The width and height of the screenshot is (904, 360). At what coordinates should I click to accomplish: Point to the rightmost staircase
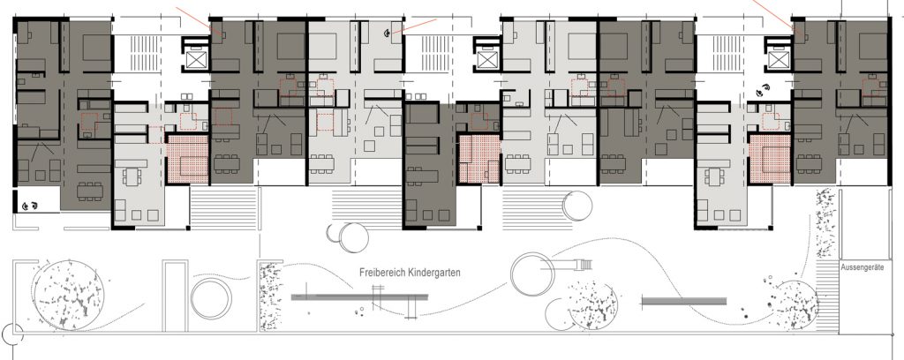[723, 54]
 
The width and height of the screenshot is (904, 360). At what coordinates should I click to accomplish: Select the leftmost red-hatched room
[188, 160]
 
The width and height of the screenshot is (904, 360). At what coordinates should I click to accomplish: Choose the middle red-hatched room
[479, 160]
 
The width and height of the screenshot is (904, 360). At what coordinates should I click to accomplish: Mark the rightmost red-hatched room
[770, 160]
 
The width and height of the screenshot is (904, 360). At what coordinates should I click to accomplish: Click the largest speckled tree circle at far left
[68, 296]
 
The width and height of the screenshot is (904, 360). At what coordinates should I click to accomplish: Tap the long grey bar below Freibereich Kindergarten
[360, 297]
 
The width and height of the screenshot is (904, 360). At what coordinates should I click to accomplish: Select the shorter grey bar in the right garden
[683, 301]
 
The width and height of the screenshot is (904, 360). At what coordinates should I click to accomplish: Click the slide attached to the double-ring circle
[572, 264]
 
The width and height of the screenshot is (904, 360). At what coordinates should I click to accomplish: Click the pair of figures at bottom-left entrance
[30, 205]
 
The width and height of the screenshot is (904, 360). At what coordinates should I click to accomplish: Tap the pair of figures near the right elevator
[764, 90]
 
